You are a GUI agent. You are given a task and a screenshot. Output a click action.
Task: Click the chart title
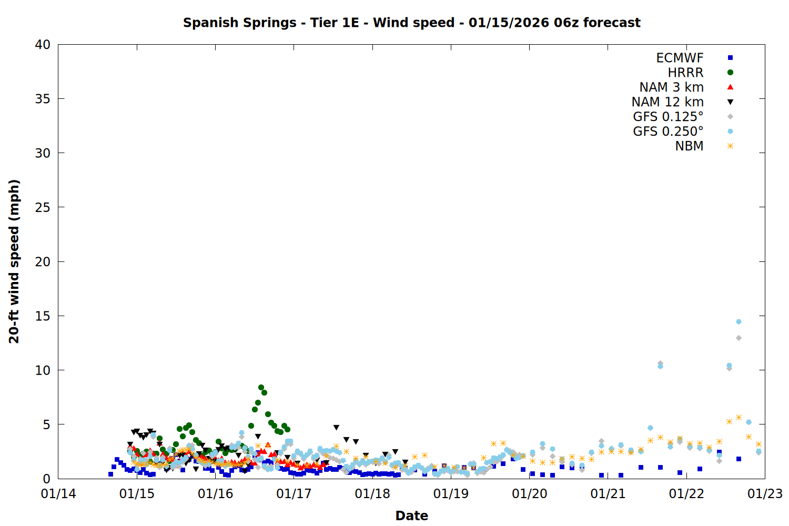click(x=411, y=23)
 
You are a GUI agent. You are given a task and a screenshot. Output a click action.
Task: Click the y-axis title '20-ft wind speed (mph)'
click(x=14, y=261)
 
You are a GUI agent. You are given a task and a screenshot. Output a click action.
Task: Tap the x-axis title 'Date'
click(x=411, y=515)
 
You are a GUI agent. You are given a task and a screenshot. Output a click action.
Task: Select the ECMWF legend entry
click(x=680, y=58)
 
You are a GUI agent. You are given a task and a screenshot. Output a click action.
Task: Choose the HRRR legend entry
click(x=685, y=73)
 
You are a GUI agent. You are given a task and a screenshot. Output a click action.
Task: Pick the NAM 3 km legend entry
click(x=671, y=87)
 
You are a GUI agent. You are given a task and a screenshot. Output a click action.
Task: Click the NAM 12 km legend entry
click(x=667, y=102)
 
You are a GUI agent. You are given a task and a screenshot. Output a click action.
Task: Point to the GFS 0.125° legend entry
click(x=668, y=117)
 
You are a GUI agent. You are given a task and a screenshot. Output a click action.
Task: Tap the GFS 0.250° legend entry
click(x=668, y=131)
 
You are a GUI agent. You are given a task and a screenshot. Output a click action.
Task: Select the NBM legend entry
click(x=689, y=146)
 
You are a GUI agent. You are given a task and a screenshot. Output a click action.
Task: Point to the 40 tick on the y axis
click(x=43, y=45)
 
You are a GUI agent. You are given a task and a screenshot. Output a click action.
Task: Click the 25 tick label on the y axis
click(x=43, y=207)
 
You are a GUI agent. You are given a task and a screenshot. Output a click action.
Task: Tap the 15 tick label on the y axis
click(x=43, y=316)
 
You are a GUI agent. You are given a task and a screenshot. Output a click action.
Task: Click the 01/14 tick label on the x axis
click(x=58, y=494)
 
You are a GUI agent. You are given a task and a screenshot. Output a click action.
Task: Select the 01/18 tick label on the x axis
click(x=372, y=494)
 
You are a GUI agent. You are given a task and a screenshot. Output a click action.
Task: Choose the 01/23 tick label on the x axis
click(x=765, y=494)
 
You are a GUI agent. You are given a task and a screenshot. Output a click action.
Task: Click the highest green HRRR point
click(x=261, y=387)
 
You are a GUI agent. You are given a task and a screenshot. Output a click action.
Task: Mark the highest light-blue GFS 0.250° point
click(x=739, y=321)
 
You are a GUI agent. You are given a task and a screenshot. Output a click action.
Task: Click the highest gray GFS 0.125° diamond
click(x=739, y=338)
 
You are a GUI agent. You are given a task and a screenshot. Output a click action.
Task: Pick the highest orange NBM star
click(x=739, y=417)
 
